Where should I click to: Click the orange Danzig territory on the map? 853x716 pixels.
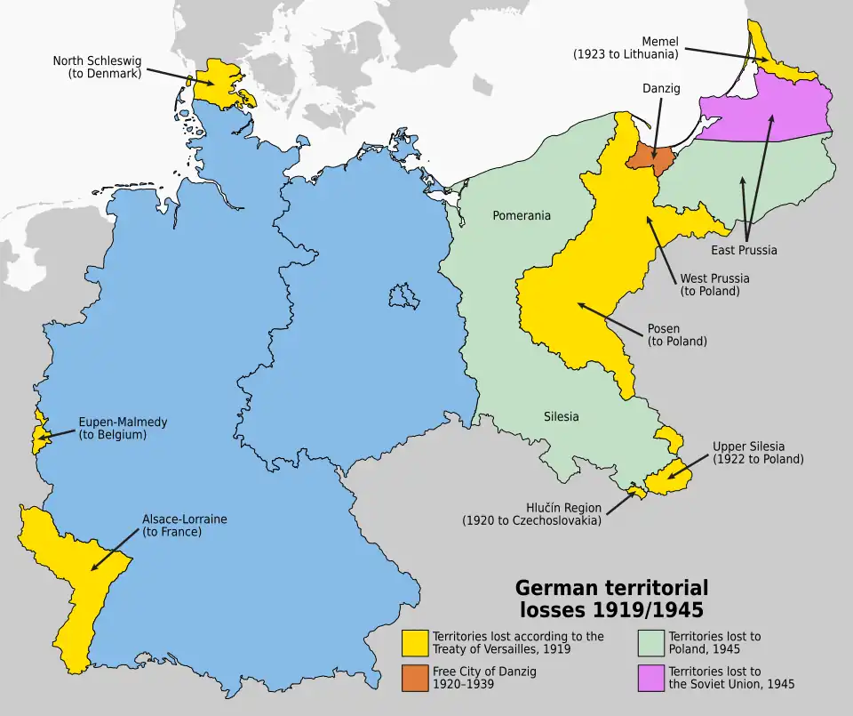pos(650,157)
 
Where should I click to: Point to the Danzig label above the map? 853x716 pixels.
pos(661,88)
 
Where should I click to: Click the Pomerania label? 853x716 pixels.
pos(522,215)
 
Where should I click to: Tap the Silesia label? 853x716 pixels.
pos(561,416)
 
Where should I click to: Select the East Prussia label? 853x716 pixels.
pos(744,250)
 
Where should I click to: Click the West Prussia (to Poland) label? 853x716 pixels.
pos(714,285)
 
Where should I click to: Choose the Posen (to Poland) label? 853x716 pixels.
pos(676,334)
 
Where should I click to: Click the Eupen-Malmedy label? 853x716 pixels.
pos(123,429)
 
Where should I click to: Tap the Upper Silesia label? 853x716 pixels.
pos(757,453)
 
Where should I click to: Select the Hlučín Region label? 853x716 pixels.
pos(531,514)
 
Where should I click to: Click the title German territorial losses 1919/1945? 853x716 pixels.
pos(612,599)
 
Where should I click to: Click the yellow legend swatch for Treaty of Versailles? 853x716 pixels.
pos(414,643)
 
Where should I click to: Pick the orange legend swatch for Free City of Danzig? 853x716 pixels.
pos(414,678)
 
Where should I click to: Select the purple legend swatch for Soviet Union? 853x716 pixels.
pos(651,678)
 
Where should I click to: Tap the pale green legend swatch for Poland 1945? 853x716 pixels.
pos(651,643)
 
